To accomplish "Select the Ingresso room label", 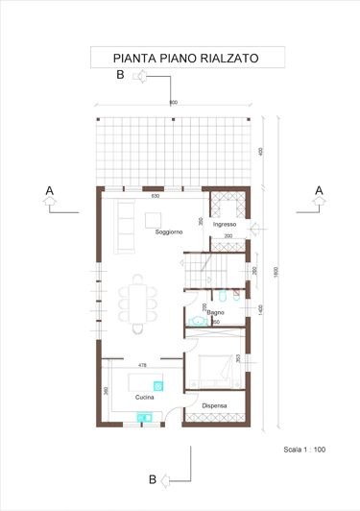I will [x=225, y=224].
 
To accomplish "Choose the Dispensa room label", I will [x=214, y=405].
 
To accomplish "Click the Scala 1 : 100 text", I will [x=305, y=449].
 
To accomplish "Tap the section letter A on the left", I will [x=49, y=191].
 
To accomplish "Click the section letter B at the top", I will [x=120, y=74].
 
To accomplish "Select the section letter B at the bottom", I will [x=151, y=479].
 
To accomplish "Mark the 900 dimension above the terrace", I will [x=173, y=103].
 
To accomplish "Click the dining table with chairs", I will [x=140, y=300].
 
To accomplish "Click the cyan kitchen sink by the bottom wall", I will [x=146, y=417].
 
